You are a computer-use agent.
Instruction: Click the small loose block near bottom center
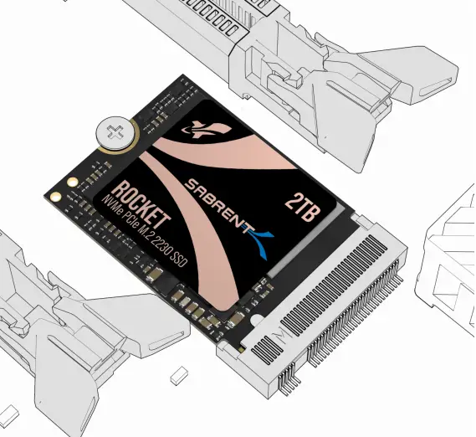tap(177, 377)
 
